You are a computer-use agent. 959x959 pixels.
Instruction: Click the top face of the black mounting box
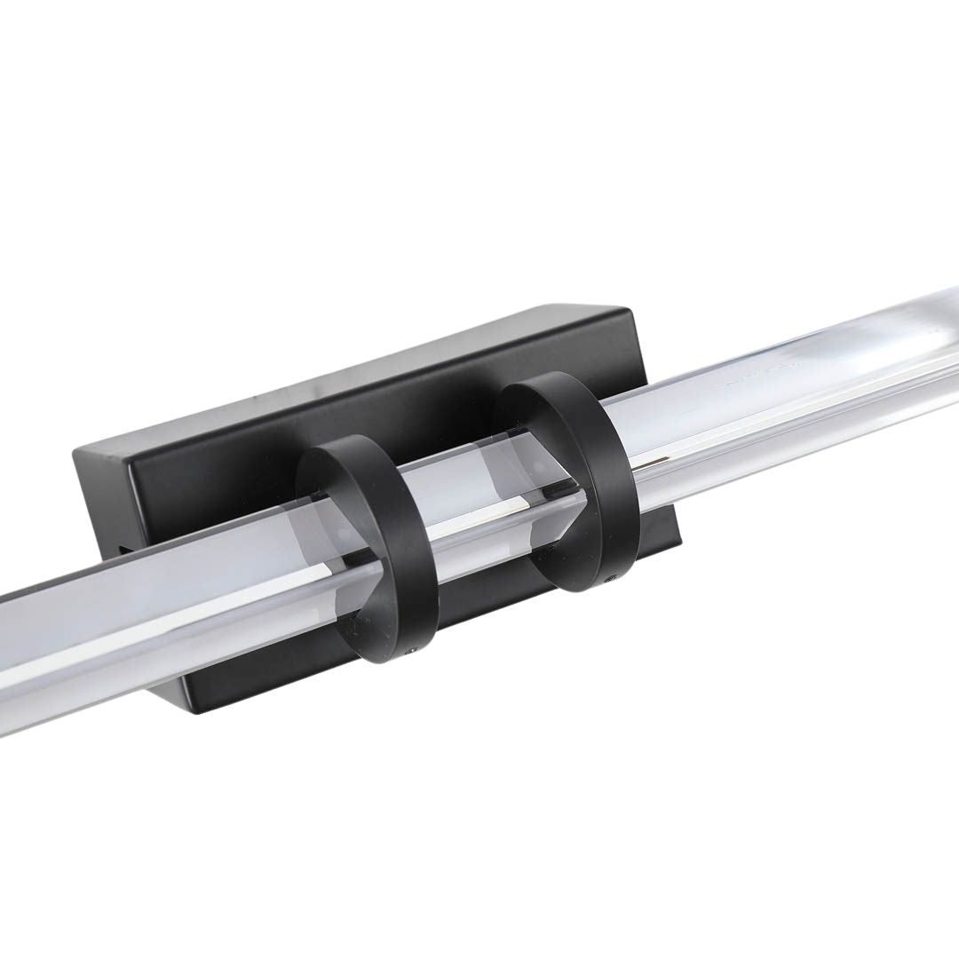pos(355,373)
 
